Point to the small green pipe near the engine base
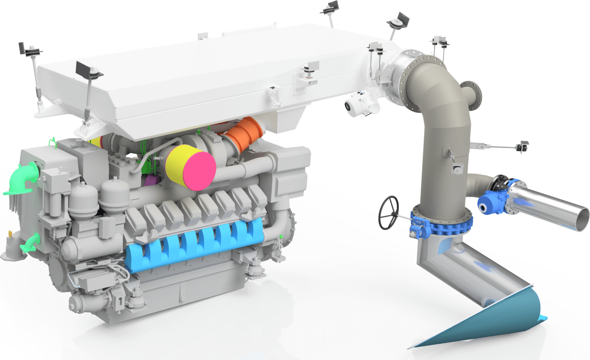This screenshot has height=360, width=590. point(30,242)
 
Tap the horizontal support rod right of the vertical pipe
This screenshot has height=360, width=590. point(497,146)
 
